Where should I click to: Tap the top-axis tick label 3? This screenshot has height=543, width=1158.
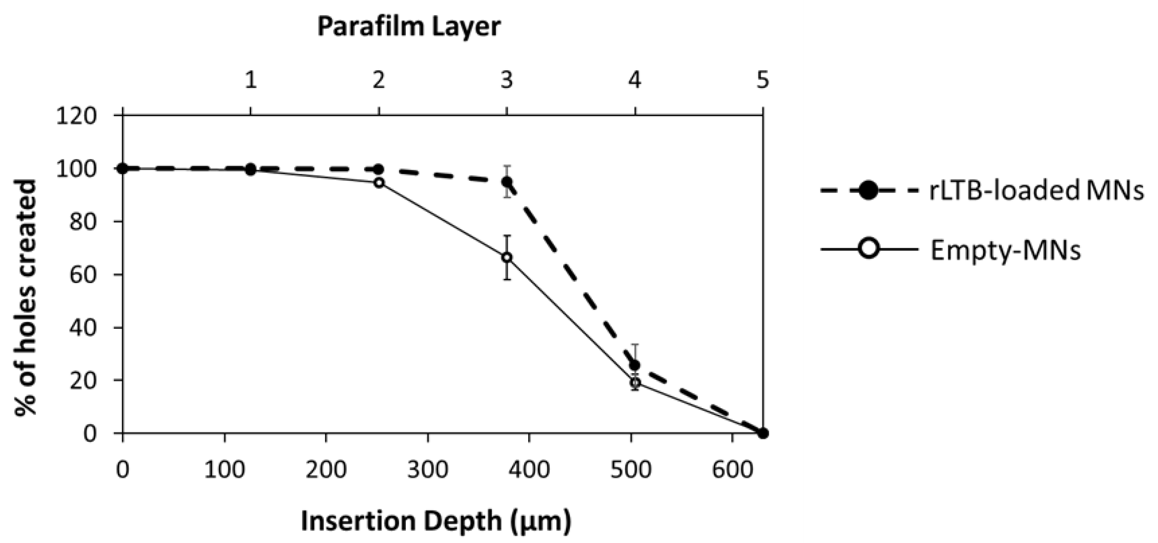click(x=506, y=81)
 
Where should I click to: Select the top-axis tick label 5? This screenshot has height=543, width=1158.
click(x=762, y=81)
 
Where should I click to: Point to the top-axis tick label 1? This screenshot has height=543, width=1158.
click(x=250, y=81)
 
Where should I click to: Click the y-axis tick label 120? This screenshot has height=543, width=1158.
click(x=76, y=116)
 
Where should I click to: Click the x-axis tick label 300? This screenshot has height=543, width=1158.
click(x=428, y=470)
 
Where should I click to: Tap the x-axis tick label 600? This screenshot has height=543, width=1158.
click(x=732, y=470)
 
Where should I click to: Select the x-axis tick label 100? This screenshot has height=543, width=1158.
click(x=224, y=470)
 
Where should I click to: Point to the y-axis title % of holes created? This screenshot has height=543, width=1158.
click(x=26, y=298)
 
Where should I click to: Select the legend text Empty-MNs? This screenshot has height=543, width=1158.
click(x=1005, y=250)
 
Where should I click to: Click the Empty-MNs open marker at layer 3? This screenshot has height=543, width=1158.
click(x=506, y=257)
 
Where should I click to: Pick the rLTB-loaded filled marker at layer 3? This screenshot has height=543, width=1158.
click(x=506, y=182)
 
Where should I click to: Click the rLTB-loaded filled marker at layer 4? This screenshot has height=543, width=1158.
click(x=635, y=365)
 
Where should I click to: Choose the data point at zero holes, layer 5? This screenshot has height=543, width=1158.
click(x=762, y=433)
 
